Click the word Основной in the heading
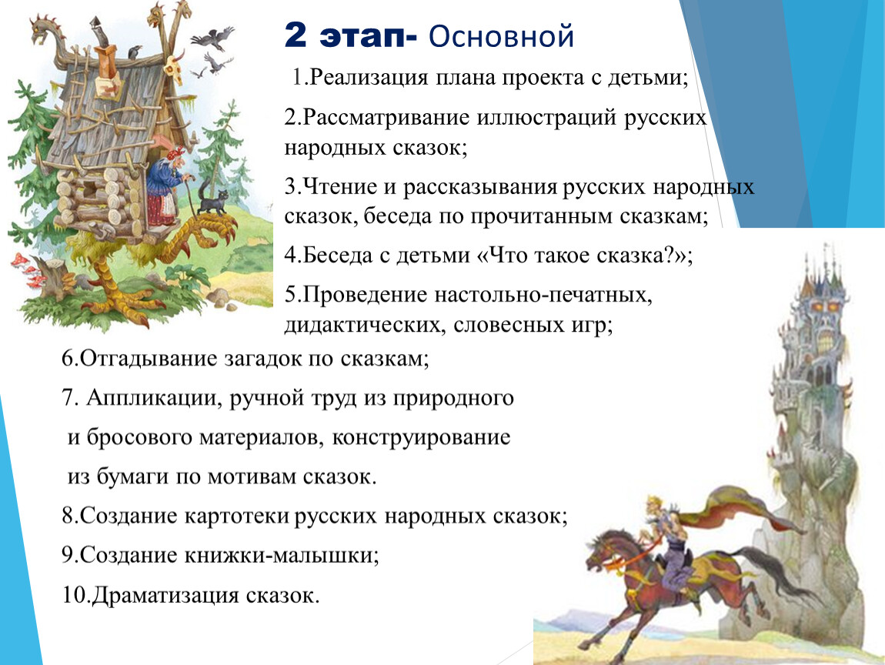click(x=501, y=37)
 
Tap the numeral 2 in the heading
click(x=296, y=35)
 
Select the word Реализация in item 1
click(x=369, y=77)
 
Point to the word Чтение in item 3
click(x=339, y=186)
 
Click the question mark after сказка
click(x=673, y=256)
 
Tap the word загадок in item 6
click(x=264, y=359)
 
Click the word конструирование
click(x=421, y=437)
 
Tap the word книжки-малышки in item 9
click(x=282, y=556)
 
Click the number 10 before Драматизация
click(x=74, y=595)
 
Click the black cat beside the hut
click(x=212, y=200)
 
